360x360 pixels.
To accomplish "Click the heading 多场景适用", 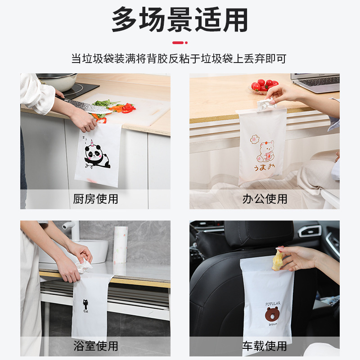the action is pyautogui.click(x=180, y=20).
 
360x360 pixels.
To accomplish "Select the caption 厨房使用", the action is pyautogui.click(x=95, y=199).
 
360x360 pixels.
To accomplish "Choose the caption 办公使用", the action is pyautogui.click(x=265, y=199).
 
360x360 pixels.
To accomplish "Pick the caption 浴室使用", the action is pyautogui.click(x=95, y=346).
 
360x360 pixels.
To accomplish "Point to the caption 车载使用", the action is pyautogui.click(x=265, y=346).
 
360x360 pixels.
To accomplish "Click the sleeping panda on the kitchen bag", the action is pyautogui.click(x=97, y=154).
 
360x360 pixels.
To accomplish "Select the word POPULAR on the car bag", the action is pyautogui.click(x=273, y=304).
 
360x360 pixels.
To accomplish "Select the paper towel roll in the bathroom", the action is pyautogui.click(x=121, y=244).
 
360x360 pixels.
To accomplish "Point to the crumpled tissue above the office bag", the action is pyautogui.click(x=266, y=104).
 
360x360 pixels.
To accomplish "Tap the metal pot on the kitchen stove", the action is pyautogui.click(x=58, y=81).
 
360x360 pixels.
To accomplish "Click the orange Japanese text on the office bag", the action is pyautogui.click(x=264, y=167).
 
